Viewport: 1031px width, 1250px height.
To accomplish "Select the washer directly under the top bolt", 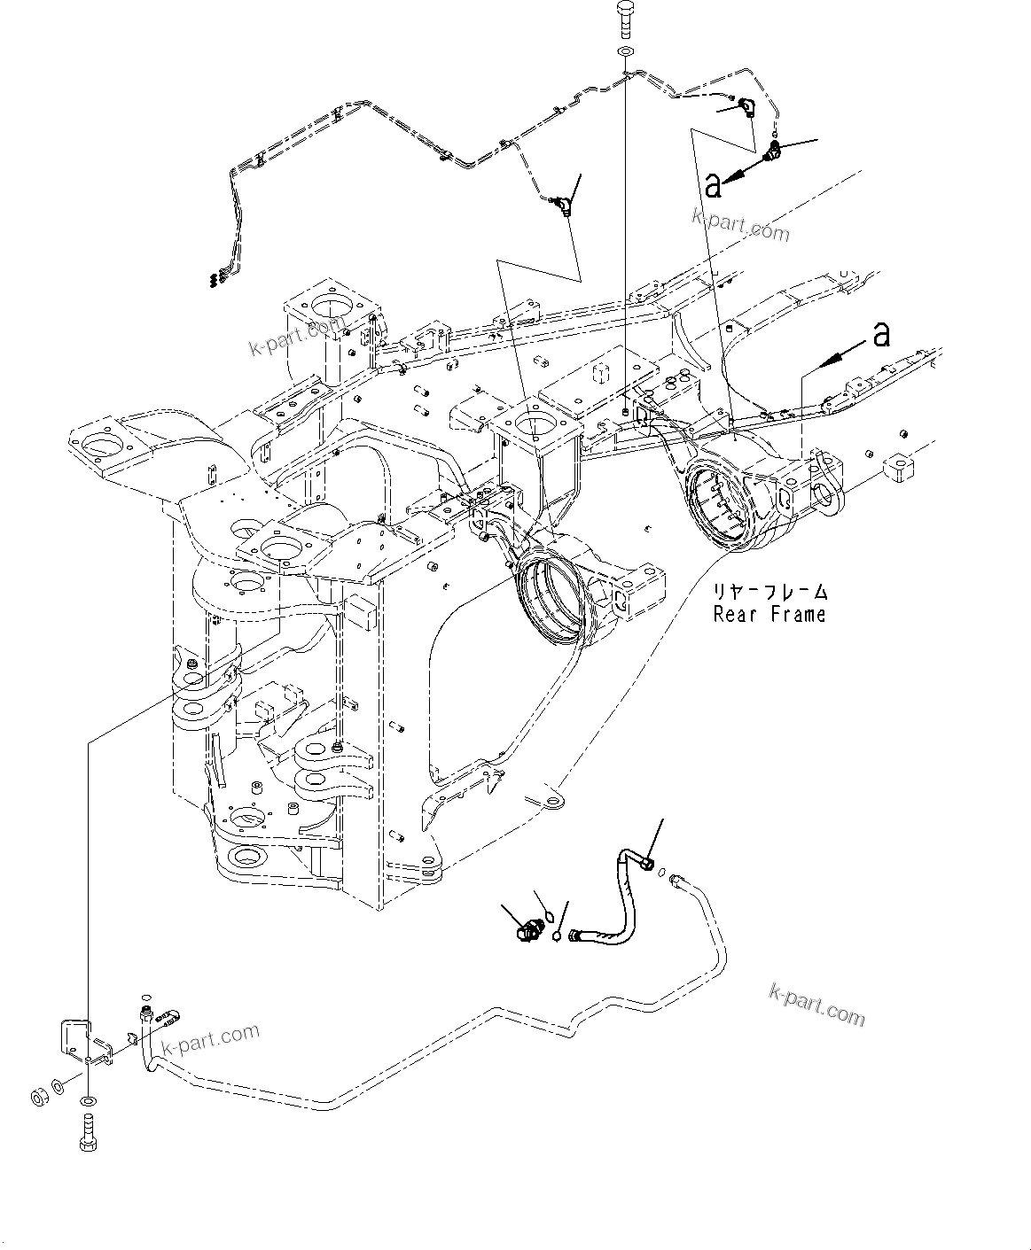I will (625, 53).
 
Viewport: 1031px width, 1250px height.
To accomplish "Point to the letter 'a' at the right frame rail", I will (880, 334).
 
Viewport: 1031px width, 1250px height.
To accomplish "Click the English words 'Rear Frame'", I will (769, 614).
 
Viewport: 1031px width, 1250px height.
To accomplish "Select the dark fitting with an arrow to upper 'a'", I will (775, 151).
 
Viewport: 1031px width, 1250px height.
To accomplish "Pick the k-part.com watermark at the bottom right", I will (816, 1005).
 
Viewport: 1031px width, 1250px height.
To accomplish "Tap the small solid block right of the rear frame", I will (897, 467).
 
